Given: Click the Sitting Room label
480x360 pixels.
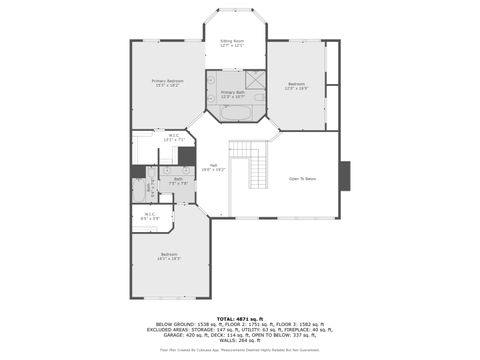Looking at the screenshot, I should point(232,43).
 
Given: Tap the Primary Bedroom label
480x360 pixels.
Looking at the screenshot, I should point(168,83).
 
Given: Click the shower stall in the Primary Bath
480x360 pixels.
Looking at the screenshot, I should point(255,79).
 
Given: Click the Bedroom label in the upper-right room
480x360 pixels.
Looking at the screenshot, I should point(296,86).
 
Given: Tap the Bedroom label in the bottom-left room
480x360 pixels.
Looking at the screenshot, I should point(168,257).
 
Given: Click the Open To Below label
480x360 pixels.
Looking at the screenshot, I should point(302,179).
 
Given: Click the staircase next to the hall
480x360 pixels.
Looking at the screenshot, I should point(250,165).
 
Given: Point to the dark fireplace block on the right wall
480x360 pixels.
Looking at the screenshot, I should point(345,176).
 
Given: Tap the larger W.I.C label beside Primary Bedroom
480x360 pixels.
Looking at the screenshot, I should point(173,137).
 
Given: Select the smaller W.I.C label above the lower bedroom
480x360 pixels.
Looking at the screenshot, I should point(149,215).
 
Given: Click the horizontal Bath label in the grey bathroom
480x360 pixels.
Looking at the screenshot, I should point(177,181).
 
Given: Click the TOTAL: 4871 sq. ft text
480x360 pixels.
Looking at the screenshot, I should point(239,318).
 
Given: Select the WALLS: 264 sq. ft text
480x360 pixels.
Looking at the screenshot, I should point(239,343).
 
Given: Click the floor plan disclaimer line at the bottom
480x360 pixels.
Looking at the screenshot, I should point(239,351).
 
